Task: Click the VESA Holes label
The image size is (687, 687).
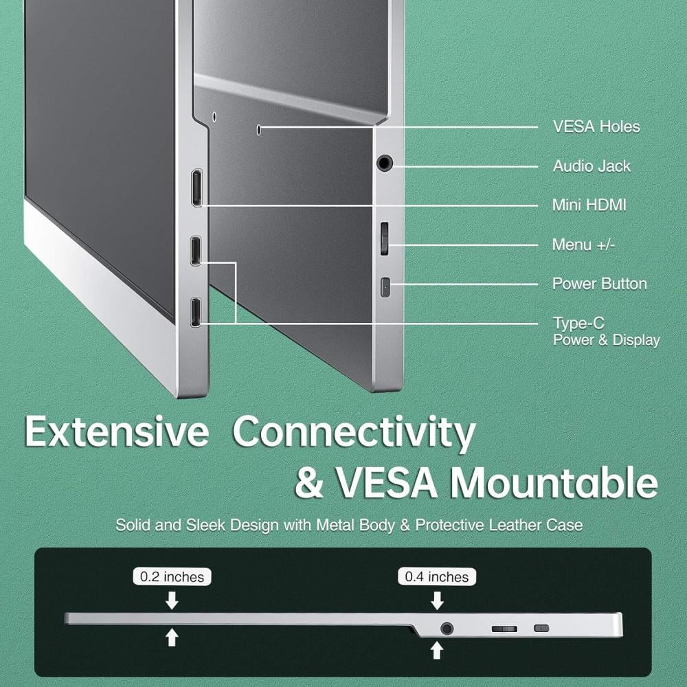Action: click(x=596, y=126)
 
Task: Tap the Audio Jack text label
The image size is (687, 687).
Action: click(x=592, y=166)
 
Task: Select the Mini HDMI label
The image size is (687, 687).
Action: click(x=589, y=205)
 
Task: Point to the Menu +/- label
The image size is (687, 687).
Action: click(x=583, y=245)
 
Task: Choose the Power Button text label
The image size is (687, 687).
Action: click(x=599, y=284)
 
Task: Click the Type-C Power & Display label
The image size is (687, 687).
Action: click(x=607, y=332)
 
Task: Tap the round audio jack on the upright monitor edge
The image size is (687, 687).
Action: click(x=384, y=164)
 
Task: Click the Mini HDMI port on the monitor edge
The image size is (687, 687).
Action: click(x=196, y=188)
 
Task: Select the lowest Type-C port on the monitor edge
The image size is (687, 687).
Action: click(x=196, y=312)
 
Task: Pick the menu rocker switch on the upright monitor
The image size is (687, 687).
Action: click(x=384, y=238)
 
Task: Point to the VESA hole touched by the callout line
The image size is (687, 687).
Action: click(x=258, y=129)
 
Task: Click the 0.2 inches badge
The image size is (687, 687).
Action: click(x=172, y=576)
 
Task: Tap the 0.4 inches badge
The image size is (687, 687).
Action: click(x=437, y=576)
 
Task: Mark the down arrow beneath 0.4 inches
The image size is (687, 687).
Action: click(x=437, y=600)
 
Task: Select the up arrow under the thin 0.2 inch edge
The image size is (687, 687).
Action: click(x=172, y=637)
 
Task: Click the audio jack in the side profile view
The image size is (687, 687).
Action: click(x=447, y=629)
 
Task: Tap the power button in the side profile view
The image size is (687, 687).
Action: click(x=541, y=629)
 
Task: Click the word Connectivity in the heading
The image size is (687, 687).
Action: click(x=354, y=432)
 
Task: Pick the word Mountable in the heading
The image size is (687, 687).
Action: click(x=554, y=482)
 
